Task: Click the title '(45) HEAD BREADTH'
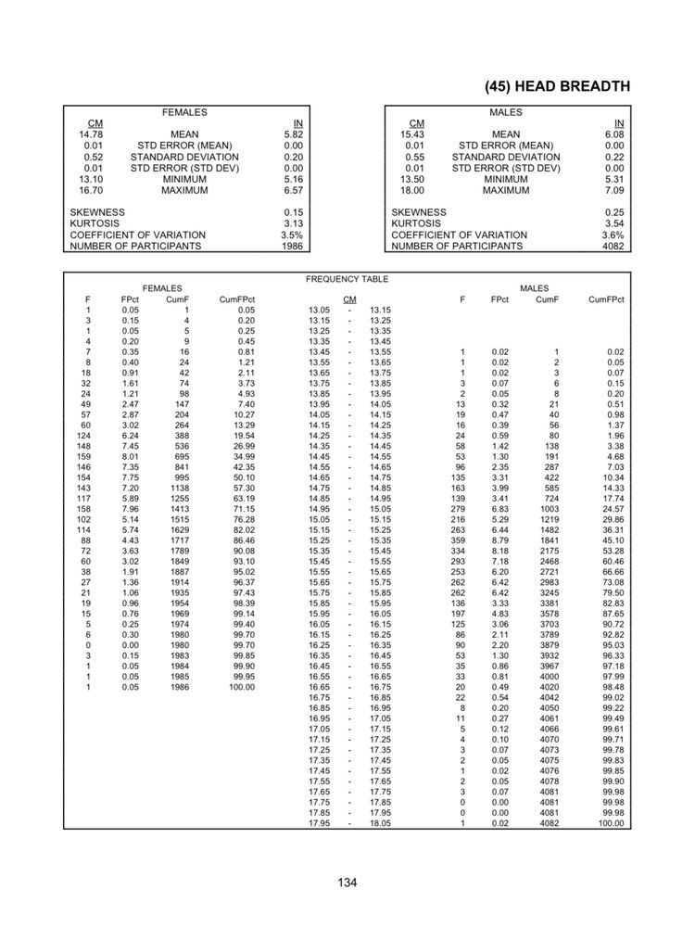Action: [x=557, y=86]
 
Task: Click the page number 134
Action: [x=347, y=882]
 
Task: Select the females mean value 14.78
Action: [x=90, y=134]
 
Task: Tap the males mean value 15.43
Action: [x=411, y=134]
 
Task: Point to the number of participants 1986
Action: [x=292, y=247]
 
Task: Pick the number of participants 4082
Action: [x=613, y=247]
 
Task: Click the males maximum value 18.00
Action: [x=411, y=190]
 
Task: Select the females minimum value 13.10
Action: [x=90, y=179]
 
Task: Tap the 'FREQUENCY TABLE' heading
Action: [x=347, y=279]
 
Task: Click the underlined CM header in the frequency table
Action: [x=349, y=299]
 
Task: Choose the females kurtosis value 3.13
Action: [x=294, y=223]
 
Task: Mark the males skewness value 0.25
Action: [x=614, y=212]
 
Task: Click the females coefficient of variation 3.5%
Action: [x=292, y=235]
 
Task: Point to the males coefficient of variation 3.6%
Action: [x=613, y=235]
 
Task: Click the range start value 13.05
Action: [x=319, y=310]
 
